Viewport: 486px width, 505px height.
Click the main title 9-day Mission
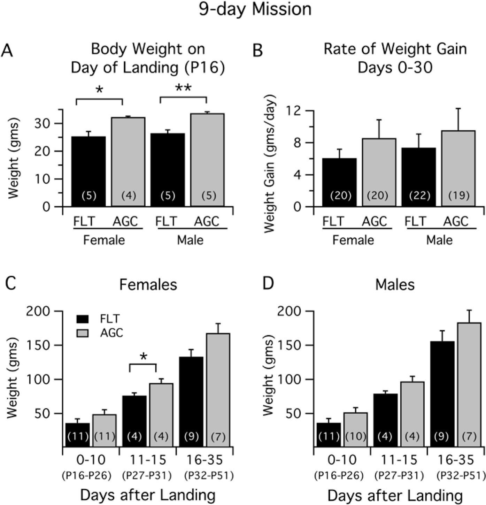coord(255,9)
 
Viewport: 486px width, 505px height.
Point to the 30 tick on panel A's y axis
coord(45,124)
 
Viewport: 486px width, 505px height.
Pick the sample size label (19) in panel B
coord(459,196)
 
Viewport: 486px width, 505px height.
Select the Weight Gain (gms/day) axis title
coord(270,158)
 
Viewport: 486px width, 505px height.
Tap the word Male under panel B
coord(439,240)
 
